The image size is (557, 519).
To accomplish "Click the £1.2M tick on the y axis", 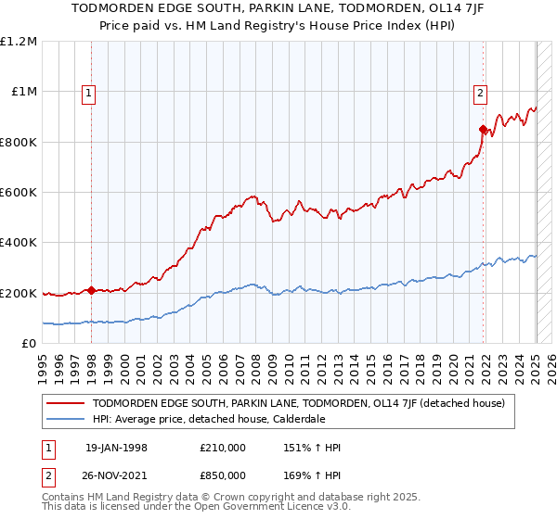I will tap(19, 41).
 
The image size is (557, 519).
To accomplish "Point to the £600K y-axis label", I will tap(19, 192).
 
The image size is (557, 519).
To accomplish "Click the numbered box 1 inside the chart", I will tap(88, 92).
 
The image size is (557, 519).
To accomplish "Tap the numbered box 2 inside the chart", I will tap(480, 92).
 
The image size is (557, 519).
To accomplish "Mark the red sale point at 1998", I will tap(91, 290).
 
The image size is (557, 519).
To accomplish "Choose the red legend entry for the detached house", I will tap(298, 403).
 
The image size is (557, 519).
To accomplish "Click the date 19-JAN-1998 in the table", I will tap(116, 448).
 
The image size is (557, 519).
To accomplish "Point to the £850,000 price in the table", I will tap(222, 475).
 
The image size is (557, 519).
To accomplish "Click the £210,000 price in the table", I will tap(222, 448).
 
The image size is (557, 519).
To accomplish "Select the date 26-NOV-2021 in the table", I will tap(116, 475).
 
